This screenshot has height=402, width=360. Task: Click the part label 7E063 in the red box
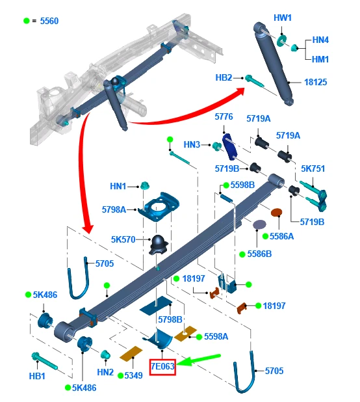pos(162,367)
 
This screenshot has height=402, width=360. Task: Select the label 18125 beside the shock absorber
pos(316,83)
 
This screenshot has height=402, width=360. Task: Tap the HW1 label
pos(283,18)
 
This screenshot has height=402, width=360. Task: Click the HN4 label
pos(320,40)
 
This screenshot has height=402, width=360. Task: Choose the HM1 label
pos(320,59)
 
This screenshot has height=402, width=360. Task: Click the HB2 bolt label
pos(224,77)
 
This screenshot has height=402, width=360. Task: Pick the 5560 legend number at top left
pos(49,21)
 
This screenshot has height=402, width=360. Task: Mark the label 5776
pos(224,116)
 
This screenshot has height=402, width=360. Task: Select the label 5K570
pos(123,239)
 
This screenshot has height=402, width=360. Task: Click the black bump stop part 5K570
pos(160,243)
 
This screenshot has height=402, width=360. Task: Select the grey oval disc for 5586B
pos(259,224)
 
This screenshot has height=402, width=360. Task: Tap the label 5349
pos(133,375)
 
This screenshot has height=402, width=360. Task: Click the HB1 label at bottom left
pos(37,375)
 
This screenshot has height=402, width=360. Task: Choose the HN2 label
pos(105,372)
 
